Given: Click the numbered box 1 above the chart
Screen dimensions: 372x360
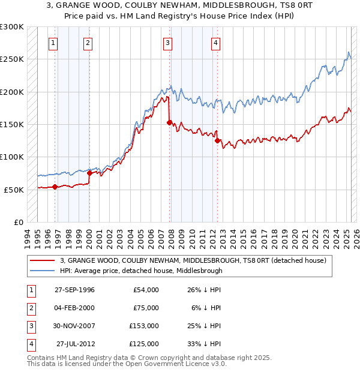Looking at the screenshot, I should point(53,43).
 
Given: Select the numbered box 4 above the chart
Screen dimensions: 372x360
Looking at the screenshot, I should point(215,43).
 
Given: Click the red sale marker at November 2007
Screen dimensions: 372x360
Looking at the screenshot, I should point(169,122).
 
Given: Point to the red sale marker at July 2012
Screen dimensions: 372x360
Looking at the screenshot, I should point(217,140).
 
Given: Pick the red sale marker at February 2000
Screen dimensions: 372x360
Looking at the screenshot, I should point(89,173).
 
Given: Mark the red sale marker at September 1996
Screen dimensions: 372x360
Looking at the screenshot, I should point(55,187).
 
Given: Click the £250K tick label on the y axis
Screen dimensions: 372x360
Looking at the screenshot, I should point(11,59).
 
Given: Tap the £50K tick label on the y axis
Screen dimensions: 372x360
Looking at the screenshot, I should point(14,190).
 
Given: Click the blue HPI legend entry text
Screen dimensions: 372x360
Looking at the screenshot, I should point(141,271).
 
